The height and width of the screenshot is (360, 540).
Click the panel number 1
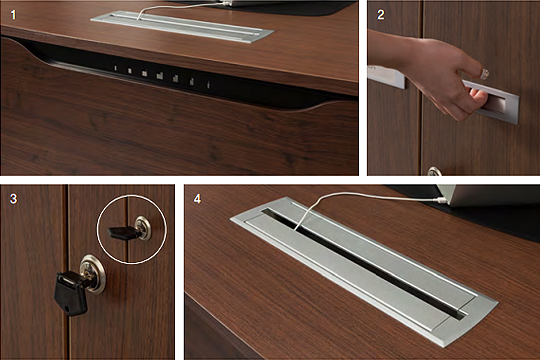(x=13, y=15)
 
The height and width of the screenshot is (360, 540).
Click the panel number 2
(x=381, y=15)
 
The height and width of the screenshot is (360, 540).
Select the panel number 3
(x=13, y=199)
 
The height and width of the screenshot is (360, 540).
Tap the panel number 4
(x=197, y=199)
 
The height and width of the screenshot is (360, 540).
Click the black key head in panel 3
(x=70, y=292)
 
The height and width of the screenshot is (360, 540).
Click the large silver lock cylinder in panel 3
(x=93, y=274)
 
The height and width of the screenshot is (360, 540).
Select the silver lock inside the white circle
(x=143, y=228)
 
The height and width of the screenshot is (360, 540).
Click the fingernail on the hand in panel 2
(x=485, y=73)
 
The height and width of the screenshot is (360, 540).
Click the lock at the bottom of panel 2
(x=434, y=172)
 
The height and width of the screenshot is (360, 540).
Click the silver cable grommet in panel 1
(x=182, y=27)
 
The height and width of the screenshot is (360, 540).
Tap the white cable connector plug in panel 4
(x=440, y=200)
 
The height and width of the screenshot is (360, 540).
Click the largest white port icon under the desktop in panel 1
(x=159, y=76)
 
